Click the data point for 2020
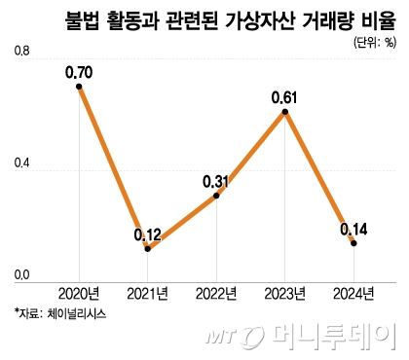coord(79,87)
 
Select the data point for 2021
coord(147,249)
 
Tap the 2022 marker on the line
coord(216,196)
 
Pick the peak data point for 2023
coord(284,112)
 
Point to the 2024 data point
coord(353,243)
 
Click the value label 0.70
coord(79,71)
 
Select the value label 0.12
coord(147,234)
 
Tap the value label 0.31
coord(216,180)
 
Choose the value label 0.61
coord(284,96)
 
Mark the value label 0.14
coord(353,229)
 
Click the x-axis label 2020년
coord(79,293)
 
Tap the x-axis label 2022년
coord(216,293)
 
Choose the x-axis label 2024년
coord(353,293)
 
